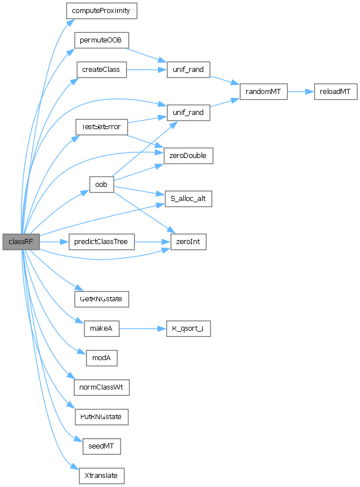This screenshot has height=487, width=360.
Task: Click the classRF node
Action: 21,242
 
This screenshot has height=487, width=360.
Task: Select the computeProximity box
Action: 102,11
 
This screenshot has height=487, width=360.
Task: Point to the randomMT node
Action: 264,91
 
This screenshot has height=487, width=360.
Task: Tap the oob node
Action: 102,185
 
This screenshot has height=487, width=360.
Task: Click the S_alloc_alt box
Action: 188,199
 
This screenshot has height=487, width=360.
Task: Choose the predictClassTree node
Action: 101,242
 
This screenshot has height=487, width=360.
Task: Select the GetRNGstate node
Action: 102,298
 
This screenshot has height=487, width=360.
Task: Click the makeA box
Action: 102,328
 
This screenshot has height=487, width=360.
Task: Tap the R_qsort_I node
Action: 187,328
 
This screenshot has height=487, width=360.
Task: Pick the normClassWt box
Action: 102,387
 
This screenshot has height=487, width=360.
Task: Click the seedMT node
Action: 102,446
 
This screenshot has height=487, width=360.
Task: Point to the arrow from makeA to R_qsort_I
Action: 142,328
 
